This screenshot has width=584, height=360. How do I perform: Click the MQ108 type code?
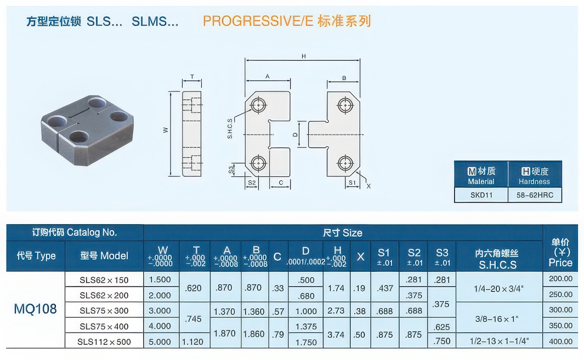coord(36,309)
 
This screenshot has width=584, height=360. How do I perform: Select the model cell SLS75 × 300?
coord(104,311)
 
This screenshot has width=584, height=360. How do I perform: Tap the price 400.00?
coord(560,341)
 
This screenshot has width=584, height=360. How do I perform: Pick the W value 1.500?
coord(160,279)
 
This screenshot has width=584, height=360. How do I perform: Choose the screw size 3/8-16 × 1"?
coord(497,319)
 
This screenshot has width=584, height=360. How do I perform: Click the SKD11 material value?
coord(481,195)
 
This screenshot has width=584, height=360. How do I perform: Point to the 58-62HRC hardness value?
coord(535,195)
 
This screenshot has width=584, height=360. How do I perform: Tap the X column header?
coord(360,256)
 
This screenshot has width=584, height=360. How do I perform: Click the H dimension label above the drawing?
coord(304,56)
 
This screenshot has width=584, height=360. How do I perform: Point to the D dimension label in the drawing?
coord(296,134)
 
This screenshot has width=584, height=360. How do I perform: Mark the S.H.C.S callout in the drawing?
coord(230,128)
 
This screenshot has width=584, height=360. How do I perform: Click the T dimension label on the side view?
coord(192,77)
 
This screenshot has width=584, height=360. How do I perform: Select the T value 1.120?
coord(192,341)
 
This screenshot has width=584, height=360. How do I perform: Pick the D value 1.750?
coord(306,342)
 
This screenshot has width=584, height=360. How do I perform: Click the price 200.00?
coord(560,278)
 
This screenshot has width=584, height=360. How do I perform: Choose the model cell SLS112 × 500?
coord(104,342)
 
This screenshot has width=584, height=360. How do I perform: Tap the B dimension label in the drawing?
coord(344,78)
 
